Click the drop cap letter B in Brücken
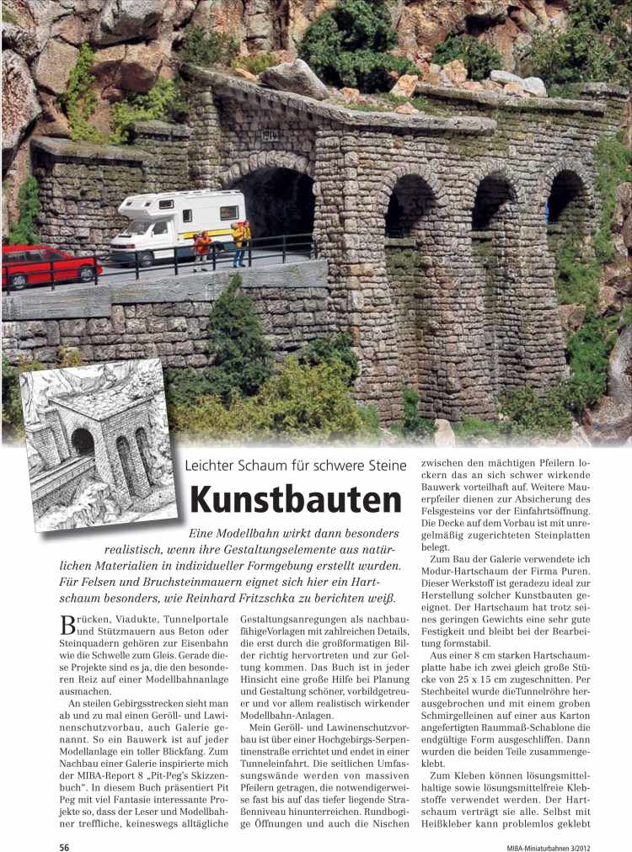[73, 626]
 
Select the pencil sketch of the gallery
[97, 444]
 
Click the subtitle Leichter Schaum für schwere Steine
[296, 465]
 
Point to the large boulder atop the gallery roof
[293, 79]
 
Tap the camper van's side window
[228, 212]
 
